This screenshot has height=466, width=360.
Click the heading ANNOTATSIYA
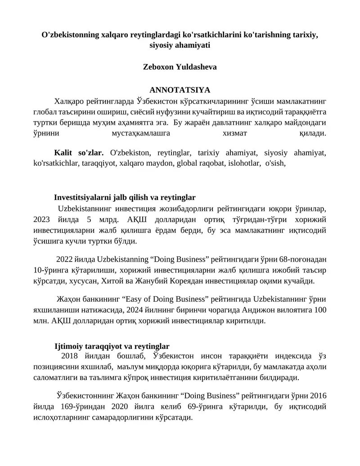coord(180,90)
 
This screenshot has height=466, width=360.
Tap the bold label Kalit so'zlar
coord(79,153)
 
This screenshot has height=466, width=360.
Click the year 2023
coord(44,220)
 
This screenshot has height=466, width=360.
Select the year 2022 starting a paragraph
coord(64,260)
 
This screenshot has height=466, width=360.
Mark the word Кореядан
coord(233,281)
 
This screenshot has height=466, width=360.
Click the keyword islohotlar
coord(242,163)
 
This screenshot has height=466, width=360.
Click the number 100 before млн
coord(320,310)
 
